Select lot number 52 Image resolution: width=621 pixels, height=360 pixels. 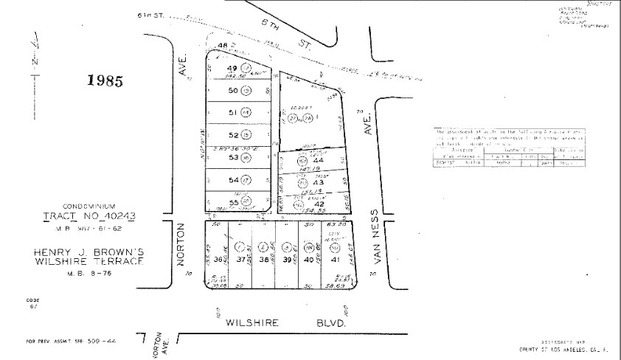232,135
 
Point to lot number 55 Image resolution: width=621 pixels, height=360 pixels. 232,201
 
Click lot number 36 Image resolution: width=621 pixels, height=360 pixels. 219,260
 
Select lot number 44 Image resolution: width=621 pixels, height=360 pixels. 319,161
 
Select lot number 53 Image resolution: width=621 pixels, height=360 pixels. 232,157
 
